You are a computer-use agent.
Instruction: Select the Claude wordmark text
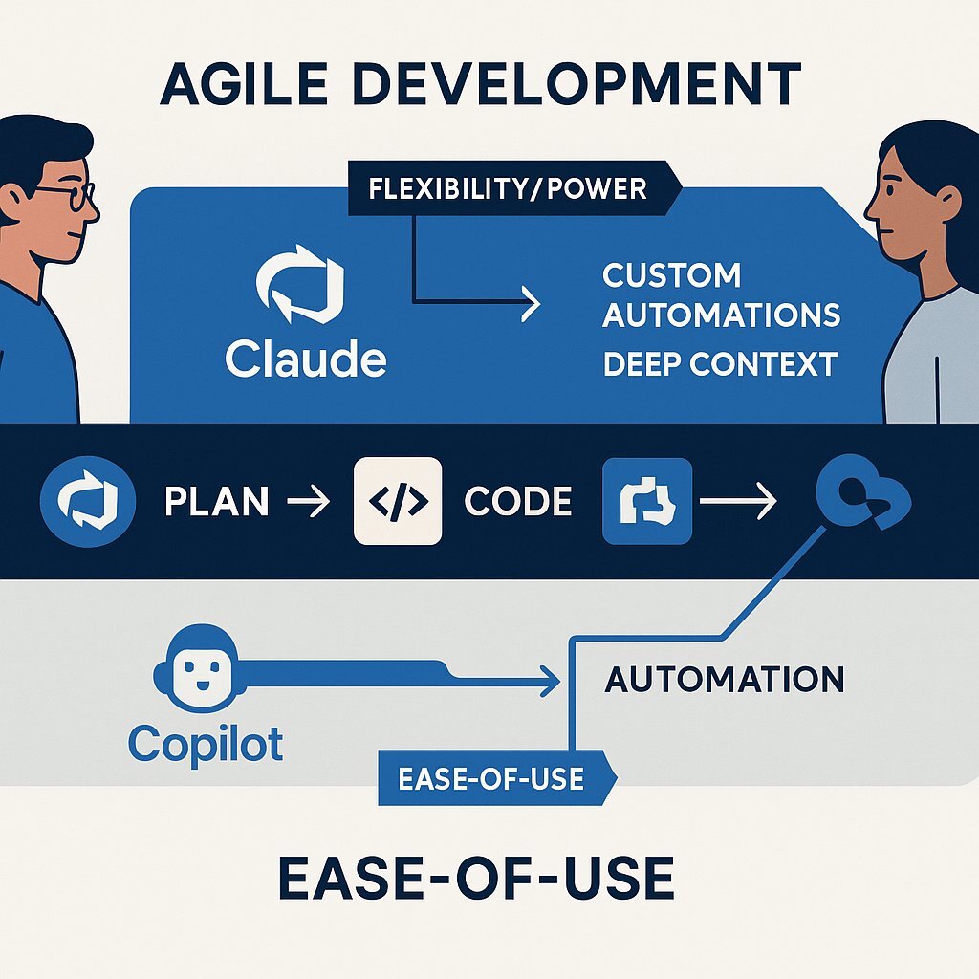pos(306,359)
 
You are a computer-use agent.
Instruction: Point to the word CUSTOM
pos(671,275)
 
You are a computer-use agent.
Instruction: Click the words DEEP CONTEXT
pos(720,364)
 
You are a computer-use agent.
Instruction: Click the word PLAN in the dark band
pos(216,502)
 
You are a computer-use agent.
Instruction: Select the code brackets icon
pos(398,502)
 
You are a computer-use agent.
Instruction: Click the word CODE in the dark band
pos(517,502)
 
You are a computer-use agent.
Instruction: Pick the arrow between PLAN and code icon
pos(309,502)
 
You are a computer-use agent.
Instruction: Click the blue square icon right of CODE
pos(646,502)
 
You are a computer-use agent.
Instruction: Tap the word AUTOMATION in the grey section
pos(725,680)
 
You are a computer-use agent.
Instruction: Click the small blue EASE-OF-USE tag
pos(490,778)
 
